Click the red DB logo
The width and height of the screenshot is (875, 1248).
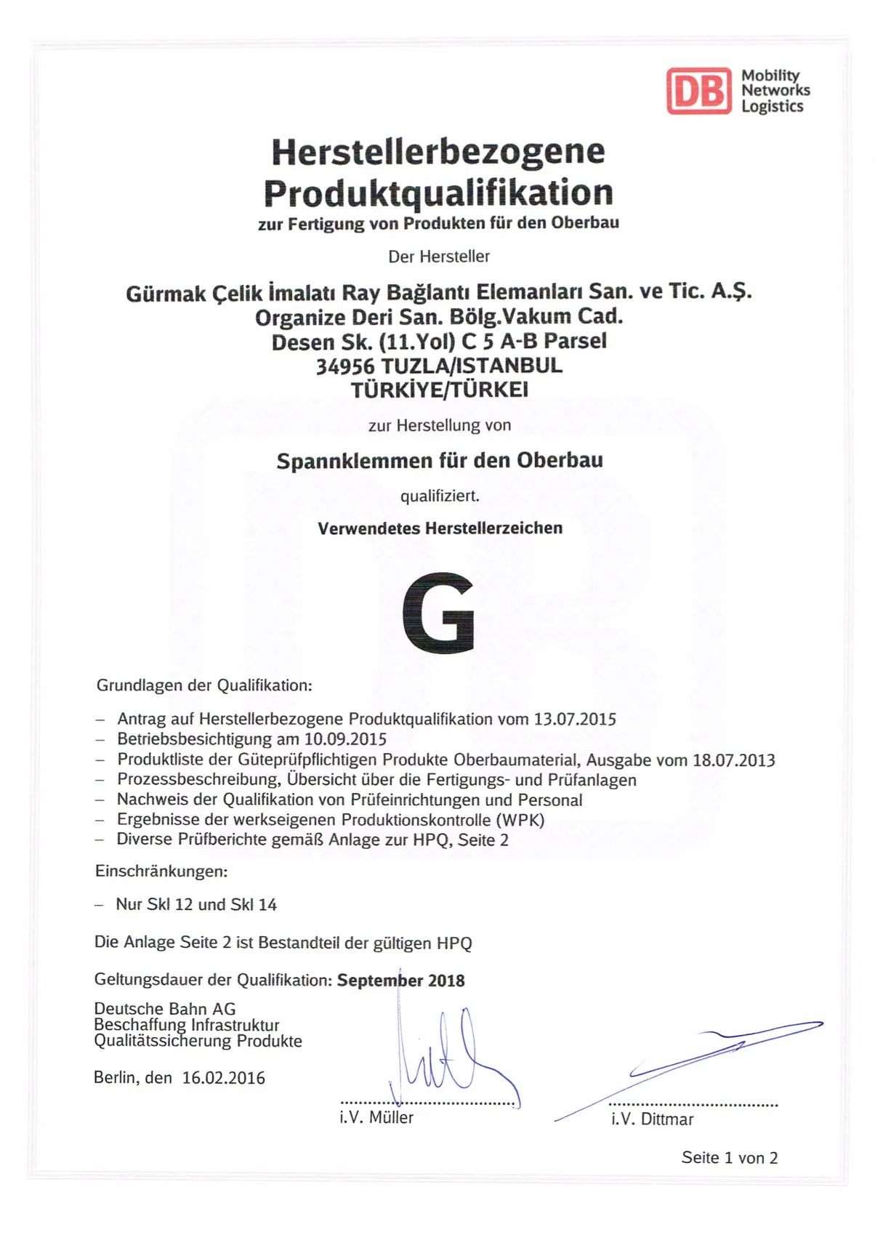tap(698, 91)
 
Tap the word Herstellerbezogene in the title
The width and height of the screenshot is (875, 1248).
tap(437, 151)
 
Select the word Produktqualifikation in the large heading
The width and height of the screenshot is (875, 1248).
tap(437, 193)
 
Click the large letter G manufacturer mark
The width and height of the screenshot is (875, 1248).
tap(438, 612)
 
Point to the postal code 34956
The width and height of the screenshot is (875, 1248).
tap(344, 366)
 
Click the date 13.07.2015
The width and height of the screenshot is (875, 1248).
tap(575, 720)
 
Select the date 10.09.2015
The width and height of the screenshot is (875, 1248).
tap(345, 740)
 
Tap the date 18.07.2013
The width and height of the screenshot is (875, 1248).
tap(734, 760)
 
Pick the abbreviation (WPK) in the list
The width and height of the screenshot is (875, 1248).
tap(520, 820)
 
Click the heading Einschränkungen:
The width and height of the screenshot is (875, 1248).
tap(161, 871)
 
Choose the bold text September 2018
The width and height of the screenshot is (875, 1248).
tap(400, 981)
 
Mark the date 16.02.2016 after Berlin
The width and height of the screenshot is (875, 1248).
tap(224, 1078)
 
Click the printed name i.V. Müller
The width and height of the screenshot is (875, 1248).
tap(376, 1118)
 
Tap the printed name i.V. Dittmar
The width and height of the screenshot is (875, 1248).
tap(652, 1119)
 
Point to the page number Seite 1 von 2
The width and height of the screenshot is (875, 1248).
tap(729, 1158)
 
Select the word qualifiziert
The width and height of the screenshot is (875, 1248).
tap(440, 496)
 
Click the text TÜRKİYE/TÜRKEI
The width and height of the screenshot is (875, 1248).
tap(440, 390)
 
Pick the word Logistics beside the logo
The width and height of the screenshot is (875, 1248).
tap(772, 107)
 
